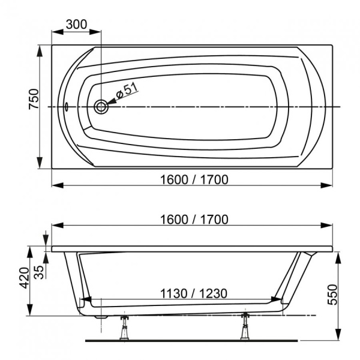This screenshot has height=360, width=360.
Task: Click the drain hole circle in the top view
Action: point(101,107)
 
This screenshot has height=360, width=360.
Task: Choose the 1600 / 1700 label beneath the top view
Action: point(193,179)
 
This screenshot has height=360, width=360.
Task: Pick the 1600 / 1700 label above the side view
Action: point(193,220)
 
